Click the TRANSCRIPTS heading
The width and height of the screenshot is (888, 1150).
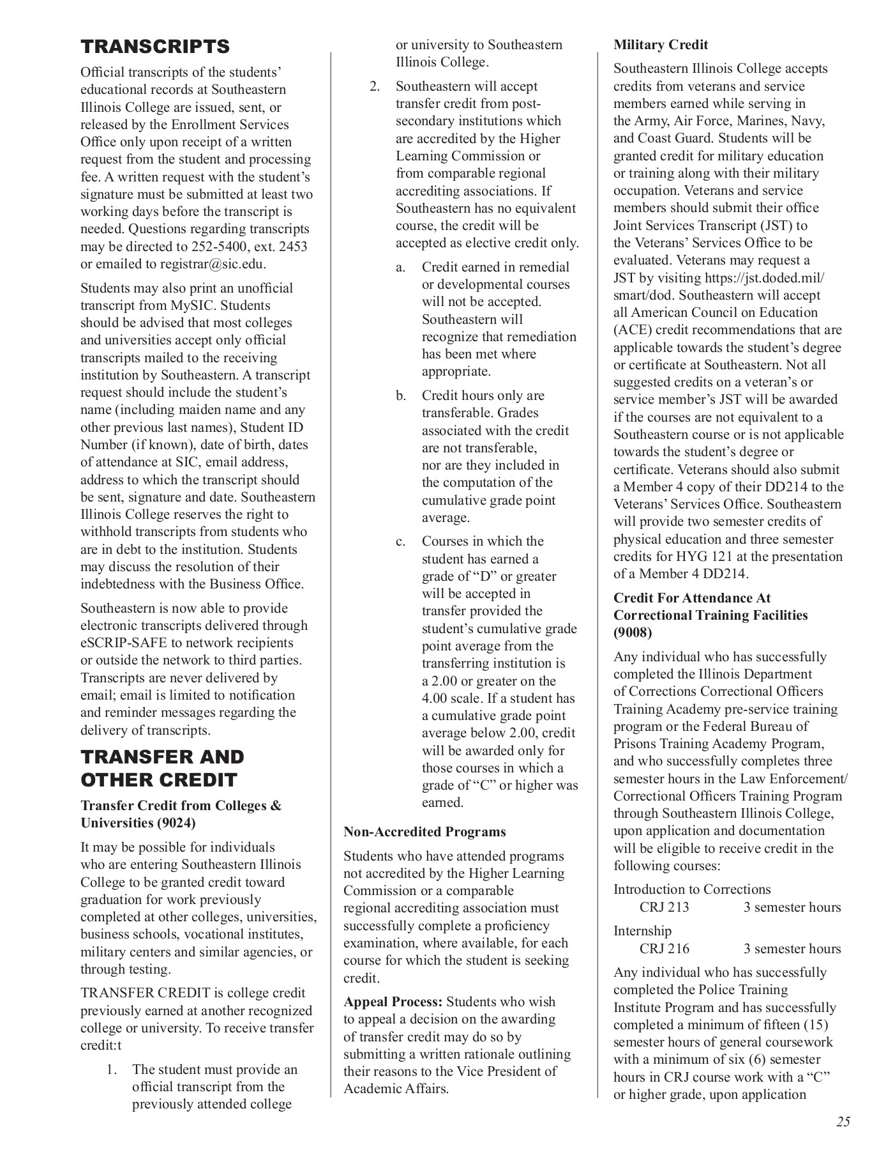tap(155, 47)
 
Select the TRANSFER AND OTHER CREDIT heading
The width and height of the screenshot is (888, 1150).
tap(162, 769)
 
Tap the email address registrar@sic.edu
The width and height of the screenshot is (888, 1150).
tap(213, 264)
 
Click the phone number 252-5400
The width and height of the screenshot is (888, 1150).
tap(217, 247)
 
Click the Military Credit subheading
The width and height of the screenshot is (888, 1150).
tap(661, 45)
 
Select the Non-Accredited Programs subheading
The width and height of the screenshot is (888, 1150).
tap(425, 832)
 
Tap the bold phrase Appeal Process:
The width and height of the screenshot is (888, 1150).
tap(393, 1002)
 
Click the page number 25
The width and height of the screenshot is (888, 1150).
tap(843, 1122)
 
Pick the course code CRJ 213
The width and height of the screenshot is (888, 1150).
tap(664, 907)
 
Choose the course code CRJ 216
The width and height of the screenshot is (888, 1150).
tap(664, 949)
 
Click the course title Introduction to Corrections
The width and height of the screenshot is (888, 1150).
tap(692, 889)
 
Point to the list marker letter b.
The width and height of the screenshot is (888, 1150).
tap(400, 396)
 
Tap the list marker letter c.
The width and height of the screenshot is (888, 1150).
tap(400, 542)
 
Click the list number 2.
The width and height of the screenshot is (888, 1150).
tap(375, 86)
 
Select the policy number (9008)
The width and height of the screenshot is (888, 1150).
tap(633, 633)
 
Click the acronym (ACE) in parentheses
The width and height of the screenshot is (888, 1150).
tap(633, 330)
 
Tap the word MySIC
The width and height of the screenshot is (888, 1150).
tap(192, 305)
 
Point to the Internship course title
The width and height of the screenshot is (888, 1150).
tap(642, 931)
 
